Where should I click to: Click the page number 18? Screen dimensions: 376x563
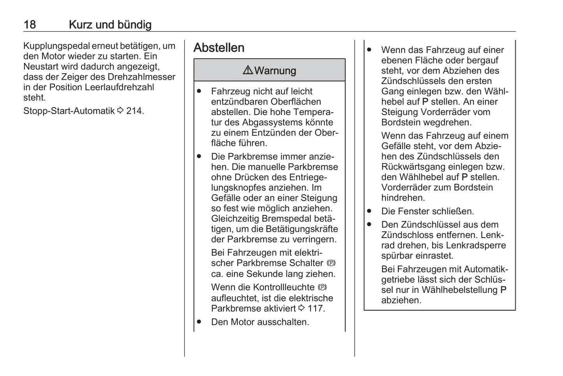tap(30, 25)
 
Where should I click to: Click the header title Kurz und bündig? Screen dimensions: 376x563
tap(110, 25)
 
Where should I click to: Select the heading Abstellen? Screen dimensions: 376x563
tap(219, 48)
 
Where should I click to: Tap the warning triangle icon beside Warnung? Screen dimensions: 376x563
tap(248, 70)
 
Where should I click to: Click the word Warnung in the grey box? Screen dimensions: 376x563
tap(275, 71)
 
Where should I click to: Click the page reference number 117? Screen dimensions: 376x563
tap(315, 309)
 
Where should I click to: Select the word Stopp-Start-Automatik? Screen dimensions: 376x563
tap(69, 111)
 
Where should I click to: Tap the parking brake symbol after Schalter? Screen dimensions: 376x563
tap(331, 263)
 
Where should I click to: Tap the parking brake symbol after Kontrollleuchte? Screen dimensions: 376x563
tap(322, 288)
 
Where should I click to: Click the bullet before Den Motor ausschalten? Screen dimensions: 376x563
tap(199, 322)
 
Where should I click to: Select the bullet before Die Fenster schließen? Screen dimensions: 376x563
tap(369, 211)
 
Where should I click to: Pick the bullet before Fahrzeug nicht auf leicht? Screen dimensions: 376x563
tap(199, 91)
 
